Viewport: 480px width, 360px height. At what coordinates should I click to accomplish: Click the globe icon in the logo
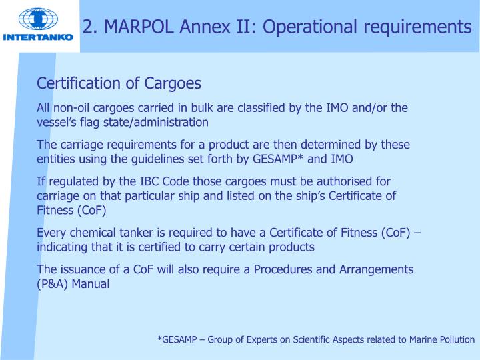point(38,19)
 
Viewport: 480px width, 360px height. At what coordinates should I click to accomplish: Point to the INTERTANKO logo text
point(38,37)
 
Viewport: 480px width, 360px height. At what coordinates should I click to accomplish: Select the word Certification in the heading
point(79,84)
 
